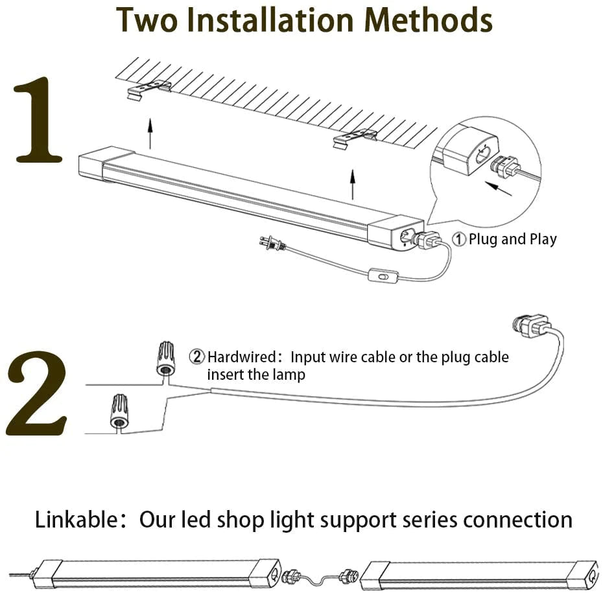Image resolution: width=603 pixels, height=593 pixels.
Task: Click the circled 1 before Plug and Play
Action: (458, 240)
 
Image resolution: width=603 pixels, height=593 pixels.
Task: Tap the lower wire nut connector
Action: (118, 412)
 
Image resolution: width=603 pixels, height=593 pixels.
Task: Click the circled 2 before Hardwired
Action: (197, 357)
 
